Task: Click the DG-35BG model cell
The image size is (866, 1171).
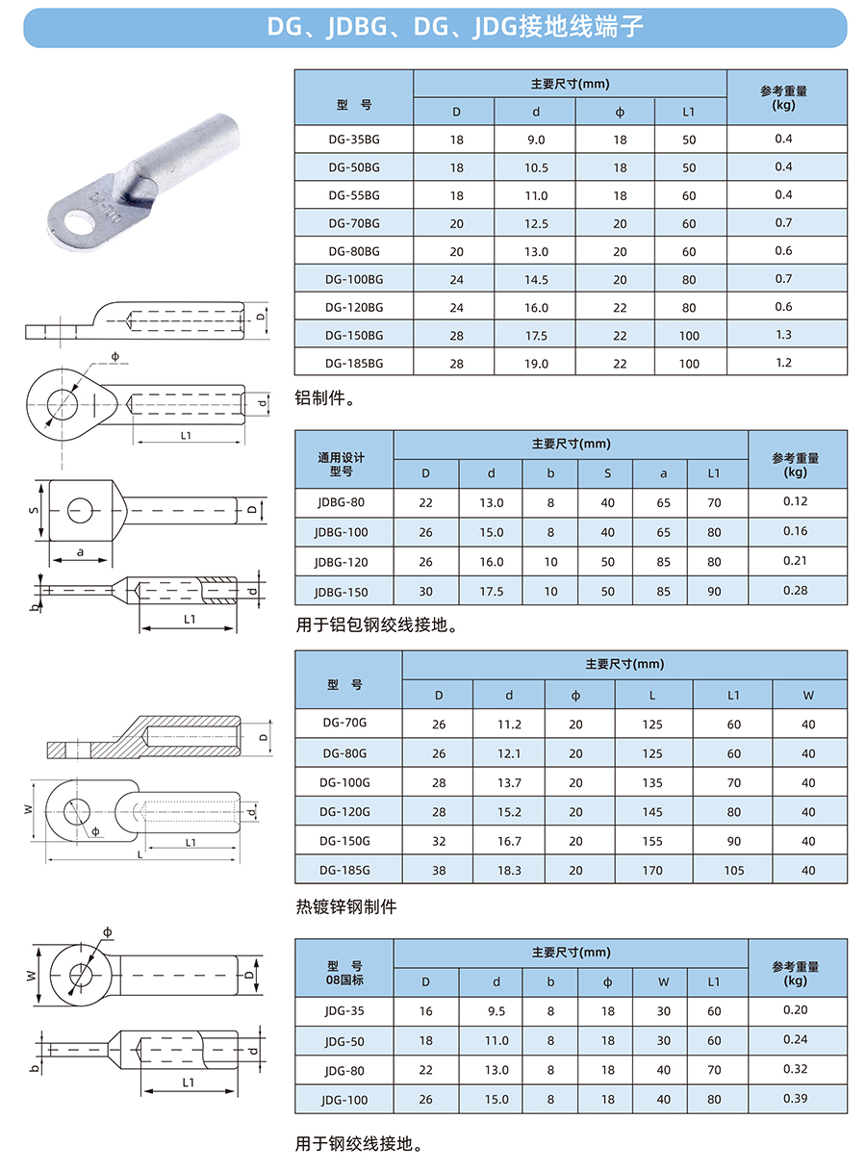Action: [x=354, y=140]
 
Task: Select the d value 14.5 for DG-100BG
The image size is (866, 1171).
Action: [x=535, y=280]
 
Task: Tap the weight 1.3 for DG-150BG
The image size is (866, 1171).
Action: [x=783, y=335]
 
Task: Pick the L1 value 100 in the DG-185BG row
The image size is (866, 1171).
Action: [x=689, y=364]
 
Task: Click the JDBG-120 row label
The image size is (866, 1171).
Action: [x=342, y=562]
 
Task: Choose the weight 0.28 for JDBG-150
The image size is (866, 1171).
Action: [x=795, y=590]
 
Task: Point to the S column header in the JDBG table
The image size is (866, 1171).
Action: [x=607, y=473]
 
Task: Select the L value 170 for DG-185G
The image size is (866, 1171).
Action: [x=652, y=870]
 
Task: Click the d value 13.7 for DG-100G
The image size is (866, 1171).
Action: [x=509, y=782]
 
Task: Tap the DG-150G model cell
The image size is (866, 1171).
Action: [x=344, y=841]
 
